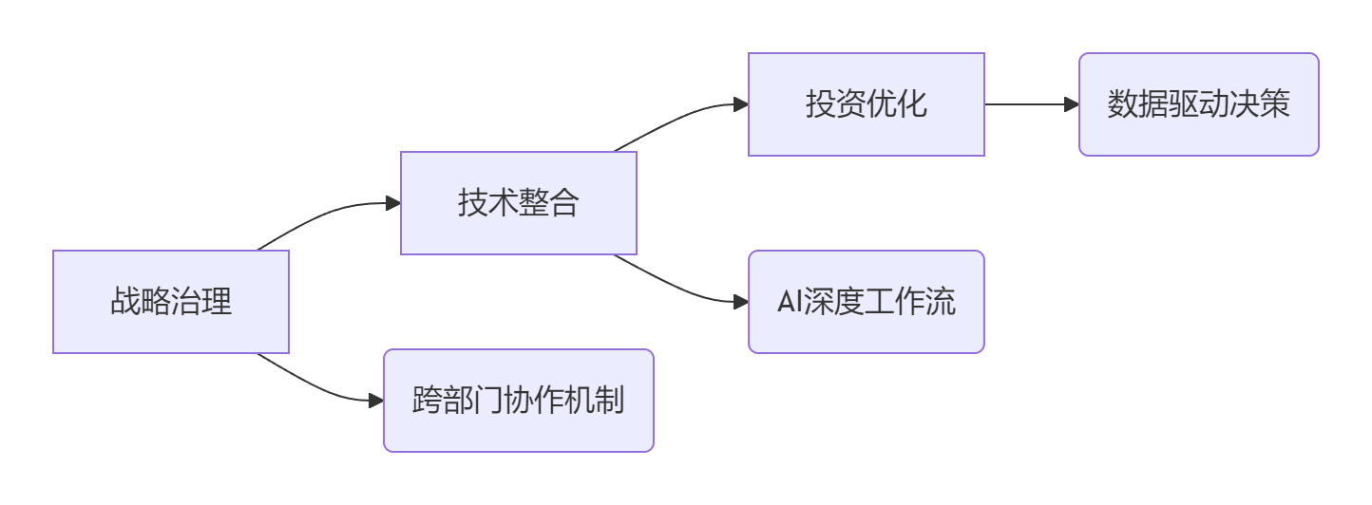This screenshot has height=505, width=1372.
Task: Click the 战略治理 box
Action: [171, 302]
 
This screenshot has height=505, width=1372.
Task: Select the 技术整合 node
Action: [519, 203]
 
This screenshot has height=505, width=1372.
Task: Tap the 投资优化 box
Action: [867, 104]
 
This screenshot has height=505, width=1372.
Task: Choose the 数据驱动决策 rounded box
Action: [1199, 104]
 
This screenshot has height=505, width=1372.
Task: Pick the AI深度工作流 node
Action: [867, 302]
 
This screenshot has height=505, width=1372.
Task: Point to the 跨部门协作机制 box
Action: [519, 401]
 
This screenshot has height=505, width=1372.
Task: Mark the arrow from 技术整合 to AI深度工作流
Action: [675, 287]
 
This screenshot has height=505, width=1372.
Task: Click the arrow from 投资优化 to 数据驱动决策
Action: [1026, 104]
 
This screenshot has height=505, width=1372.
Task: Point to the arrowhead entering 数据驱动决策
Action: [1073, 104]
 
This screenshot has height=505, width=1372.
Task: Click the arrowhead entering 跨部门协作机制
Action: [377, 401]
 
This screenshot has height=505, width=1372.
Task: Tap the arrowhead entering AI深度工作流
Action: [742, 302]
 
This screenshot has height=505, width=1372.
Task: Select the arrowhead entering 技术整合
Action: [394, 203]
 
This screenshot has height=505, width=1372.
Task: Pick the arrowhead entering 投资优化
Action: [742, 104]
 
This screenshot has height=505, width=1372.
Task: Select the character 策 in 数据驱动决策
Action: [1275, 104]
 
